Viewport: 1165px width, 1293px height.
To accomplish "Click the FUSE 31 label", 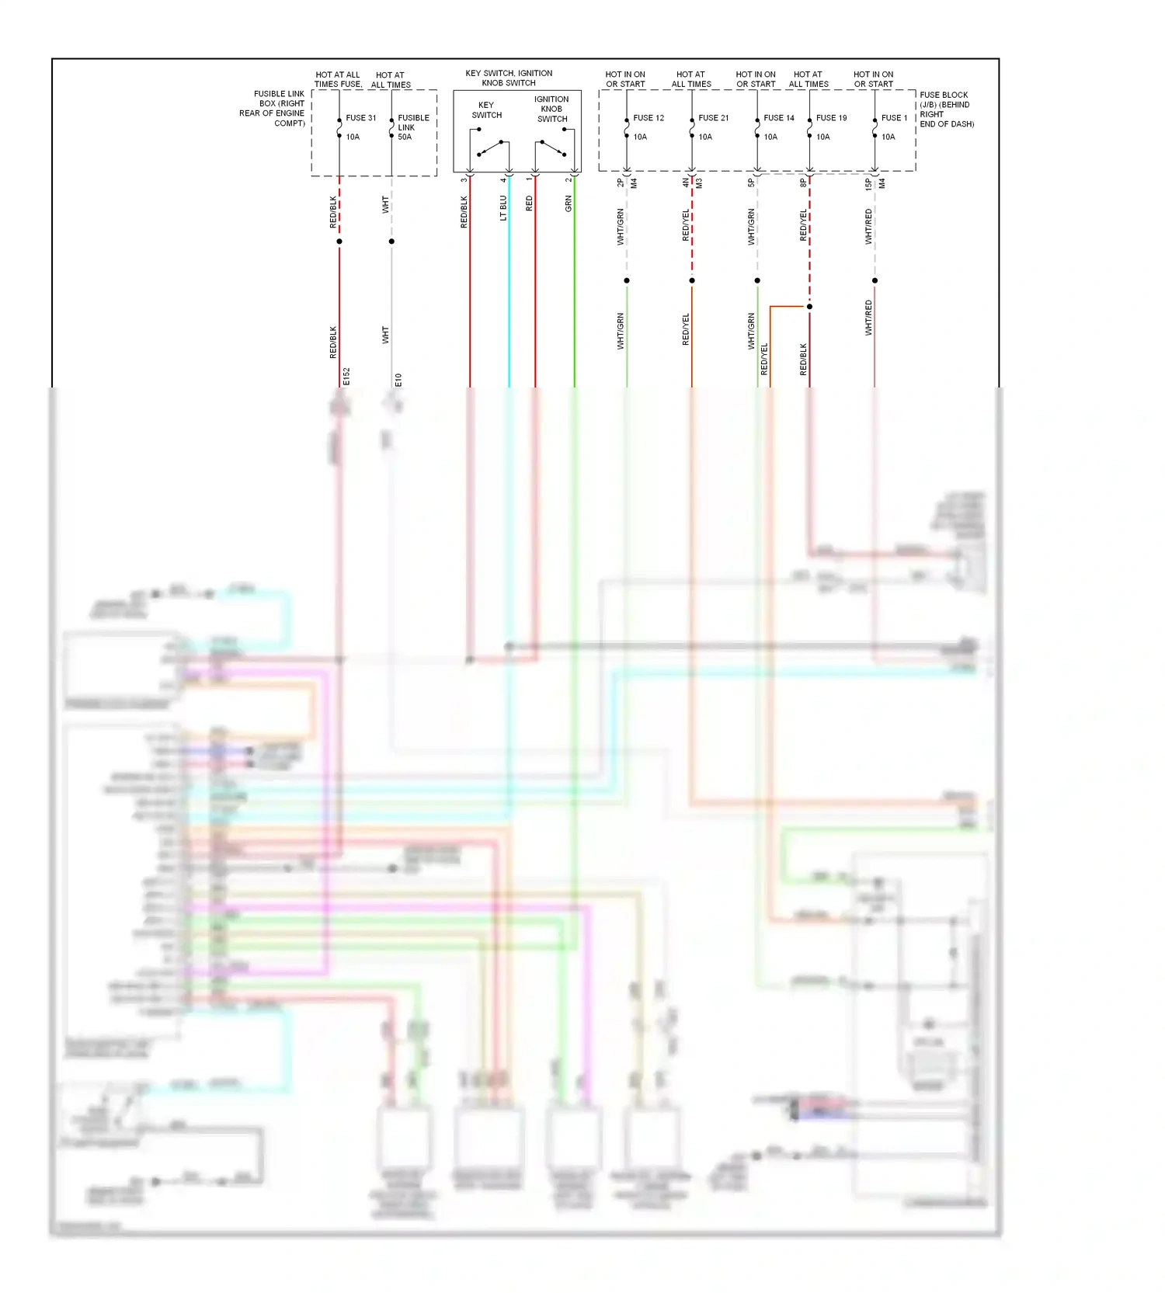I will coord(361,118).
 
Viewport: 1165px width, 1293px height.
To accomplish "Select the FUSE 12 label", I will coord(649,118).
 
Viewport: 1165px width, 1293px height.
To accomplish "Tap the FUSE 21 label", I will coord(714,118).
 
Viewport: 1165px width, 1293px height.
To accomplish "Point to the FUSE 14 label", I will coord(779,118).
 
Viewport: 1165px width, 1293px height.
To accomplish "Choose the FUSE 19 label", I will coord(832,118).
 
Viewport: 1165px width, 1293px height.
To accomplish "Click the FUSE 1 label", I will coord(894,118).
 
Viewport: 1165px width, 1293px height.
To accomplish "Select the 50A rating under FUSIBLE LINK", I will coord(405,137).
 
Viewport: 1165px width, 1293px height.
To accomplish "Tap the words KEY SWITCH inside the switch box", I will coord(487,110).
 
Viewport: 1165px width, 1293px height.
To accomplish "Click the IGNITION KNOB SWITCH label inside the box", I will coord(551,109).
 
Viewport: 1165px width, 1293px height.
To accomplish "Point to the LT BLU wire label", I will coord(503,207).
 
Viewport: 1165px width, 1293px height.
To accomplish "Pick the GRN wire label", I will coord(569,204).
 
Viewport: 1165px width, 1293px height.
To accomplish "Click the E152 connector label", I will coord(346,377).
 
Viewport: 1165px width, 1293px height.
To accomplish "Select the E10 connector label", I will coord(398,380).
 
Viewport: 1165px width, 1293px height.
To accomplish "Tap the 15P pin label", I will coord(868,184).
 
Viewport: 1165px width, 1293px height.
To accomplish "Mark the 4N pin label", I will coord(685,182).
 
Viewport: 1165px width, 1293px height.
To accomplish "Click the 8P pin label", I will coord(803,183).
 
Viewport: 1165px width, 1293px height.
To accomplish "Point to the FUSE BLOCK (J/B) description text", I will coord(946,109).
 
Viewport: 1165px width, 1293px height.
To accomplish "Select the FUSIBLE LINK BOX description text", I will coord(273,109).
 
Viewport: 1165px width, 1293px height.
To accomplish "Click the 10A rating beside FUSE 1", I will coord(888,137).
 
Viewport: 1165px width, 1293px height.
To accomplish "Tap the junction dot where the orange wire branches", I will coord(809,307).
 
